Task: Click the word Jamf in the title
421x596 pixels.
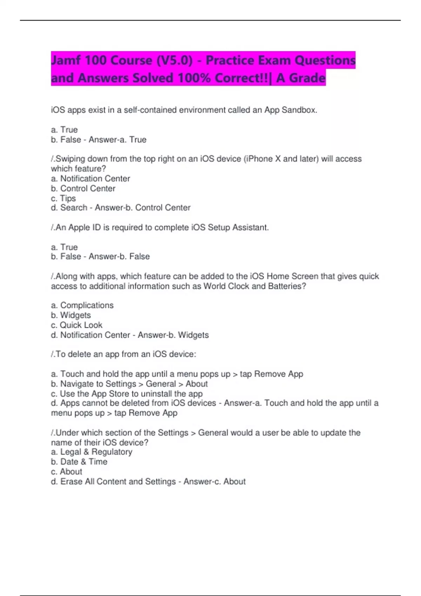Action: click(x=66, y=60)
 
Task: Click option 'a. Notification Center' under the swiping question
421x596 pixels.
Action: click(x=91, y=178)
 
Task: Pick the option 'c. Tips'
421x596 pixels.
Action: click(x=64, y=198)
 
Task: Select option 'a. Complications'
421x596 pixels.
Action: click(x=82, y=305)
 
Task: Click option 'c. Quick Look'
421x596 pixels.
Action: click(x=77, y=325)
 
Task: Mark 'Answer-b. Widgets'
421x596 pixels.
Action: click(x=173, y=335)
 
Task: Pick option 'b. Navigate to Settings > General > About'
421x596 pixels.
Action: click(x=129, y=384)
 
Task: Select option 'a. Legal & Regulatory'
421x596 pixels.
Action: click(x=92, y=452)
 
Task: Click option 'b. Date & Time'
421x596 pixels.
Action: click(x=79, y=462)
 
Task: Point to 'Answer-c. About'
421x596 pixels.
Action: click(x=214, y=482)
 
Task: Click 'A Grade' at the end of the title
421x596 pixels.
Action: click(x=301, y=78)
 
